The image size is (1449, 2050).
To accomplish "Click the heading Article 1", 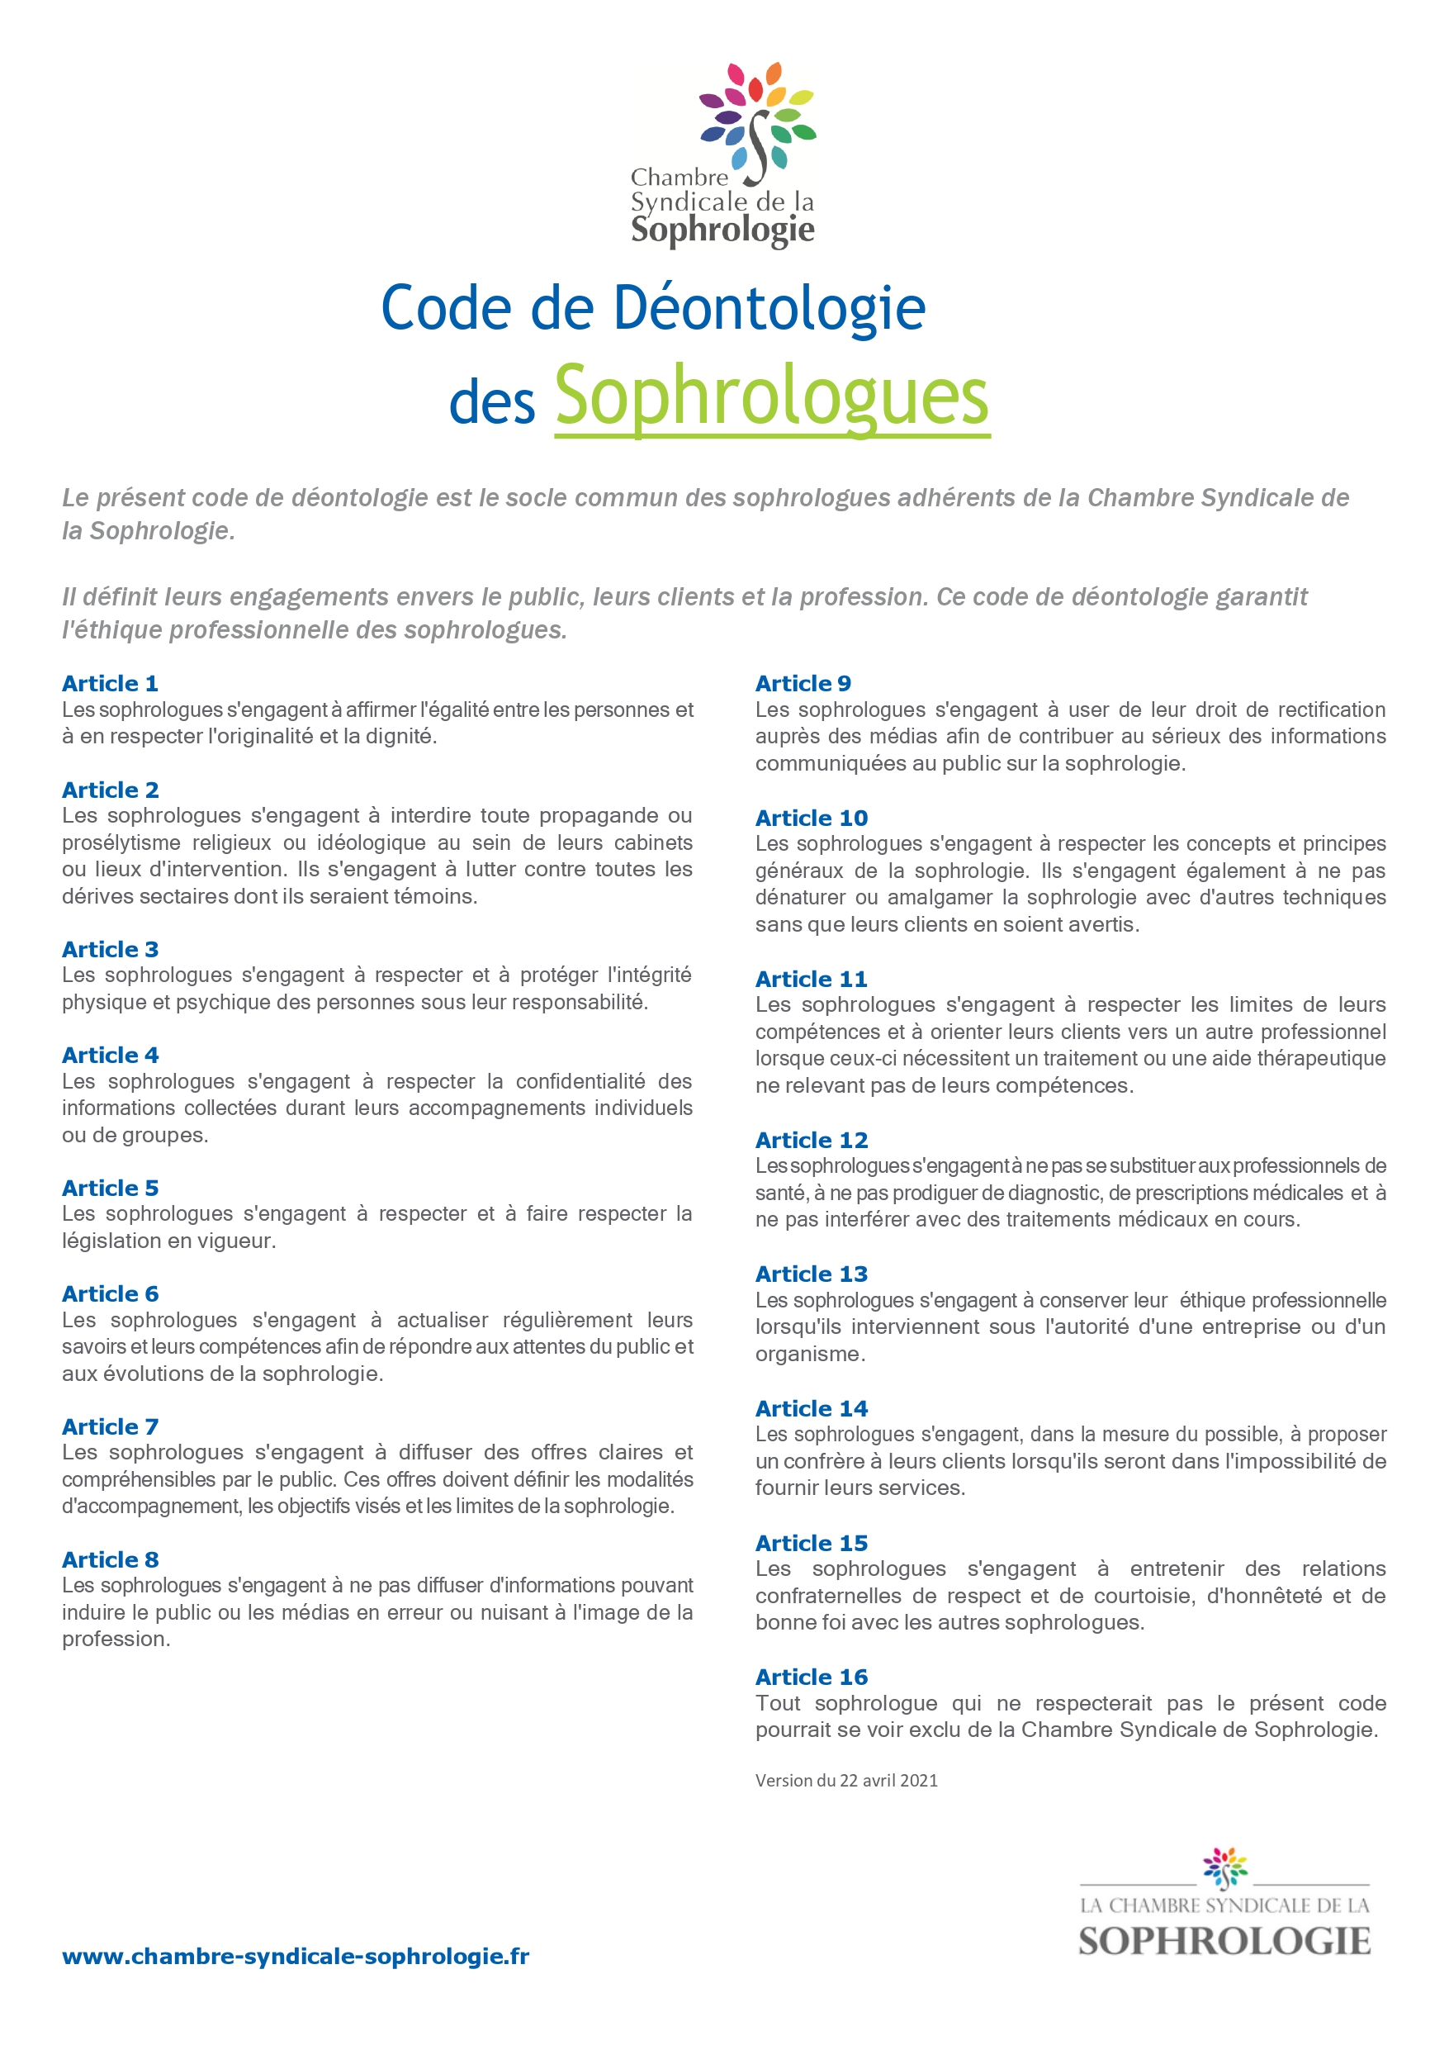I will tap(110, 684).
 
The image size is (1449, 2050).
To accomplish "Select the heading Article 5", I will tap(110, 1189).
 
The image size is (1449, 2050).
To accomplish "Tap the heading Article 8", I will tap(110, 1560).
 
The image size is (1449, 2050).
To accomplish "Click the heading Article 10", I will tap(811, 818).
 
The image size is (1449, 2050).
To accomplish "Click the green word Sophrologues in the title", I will tap(771, 396).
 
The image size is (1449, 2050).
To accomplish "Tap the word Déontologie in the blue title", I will tap(769, 308).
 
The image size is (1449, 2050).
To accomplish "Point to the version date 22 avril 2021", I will tap(888, 1781).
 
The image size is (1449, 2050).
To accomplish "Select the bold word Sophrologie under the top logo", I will tap(722, 230).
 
